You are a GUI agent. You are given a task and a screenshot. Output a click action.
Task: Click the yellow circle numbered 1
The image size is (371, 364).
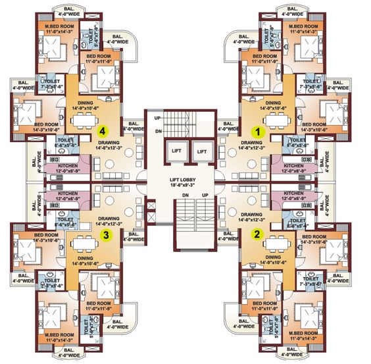coord(259,132)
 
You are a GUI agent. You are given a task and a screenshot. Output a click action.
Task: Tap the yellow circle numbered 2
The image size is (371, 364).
coord(258,232)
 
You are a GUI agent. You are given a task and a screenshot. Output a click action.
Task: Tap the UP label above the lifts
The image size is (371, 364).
coord(157,118)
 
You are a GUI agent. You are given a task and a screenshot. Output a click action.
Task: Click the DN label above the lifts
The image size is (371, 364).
coord(157,130)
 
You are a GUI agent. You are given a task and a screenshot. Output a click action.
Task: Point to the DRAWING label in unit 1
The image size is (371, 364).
coord(251,142)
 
